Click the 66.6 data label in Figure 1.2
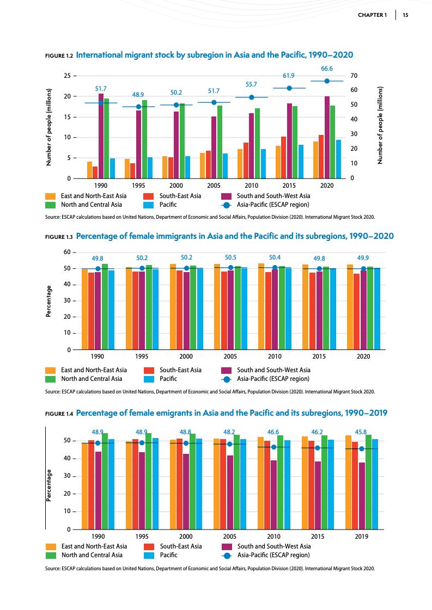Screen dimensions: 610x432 (327, 69)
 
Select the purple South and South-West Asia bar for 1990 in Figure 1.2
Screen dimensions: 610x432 (101, 136)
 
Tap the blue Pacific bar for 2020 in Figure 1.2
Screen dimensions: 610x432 (338, 159)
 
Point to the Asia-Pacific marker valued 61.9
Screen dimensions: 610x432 (289, 88)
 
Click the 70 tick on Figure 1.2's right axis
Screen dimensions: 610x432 (354, 75)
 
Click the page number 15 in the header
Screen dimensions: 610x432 (405, 15)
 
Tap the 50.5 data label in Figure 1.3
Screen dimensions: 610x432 (231, 257)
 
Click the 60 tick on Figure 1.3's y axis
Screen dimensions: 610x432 (67, 252)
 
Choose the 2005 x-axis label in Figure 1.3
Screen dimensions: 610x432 (230, 356)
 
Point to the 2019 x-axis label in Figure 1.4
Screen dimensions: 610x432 (361, 536)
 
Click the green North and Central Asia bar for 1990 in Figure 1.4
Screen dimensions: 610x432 (105, 481)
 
